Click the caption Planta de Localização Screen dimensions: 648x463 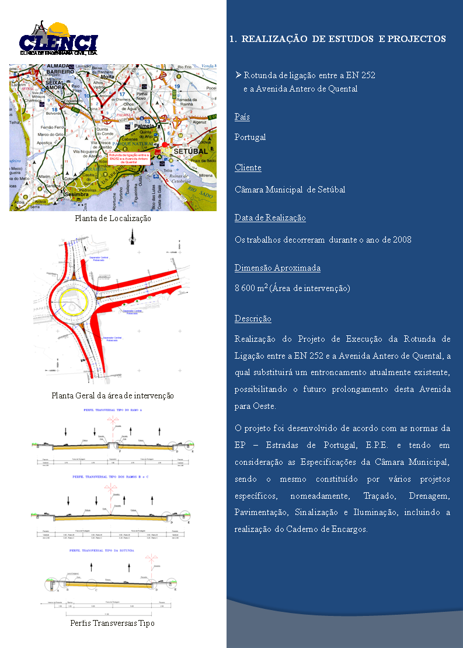(x=113, y=218)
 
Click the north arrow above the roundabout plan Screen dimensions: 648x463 (x=131, y=237)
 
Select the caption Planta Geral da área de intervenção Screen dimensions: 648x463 (x=113, y=395)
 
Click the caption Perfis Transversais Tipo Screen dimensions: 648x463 (x=113, y=623)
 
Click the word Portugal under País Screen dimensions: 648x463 (x=250, y=137)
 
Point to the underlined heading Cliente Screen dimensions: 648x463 (x=248, y=167)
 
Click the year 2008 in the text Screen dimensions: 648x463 (x=402, y=240)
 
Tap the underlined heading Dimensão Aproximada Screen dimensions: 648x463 (x=277, y=268)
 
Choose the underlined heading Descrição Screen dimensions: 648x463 (x=253, y=318)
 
